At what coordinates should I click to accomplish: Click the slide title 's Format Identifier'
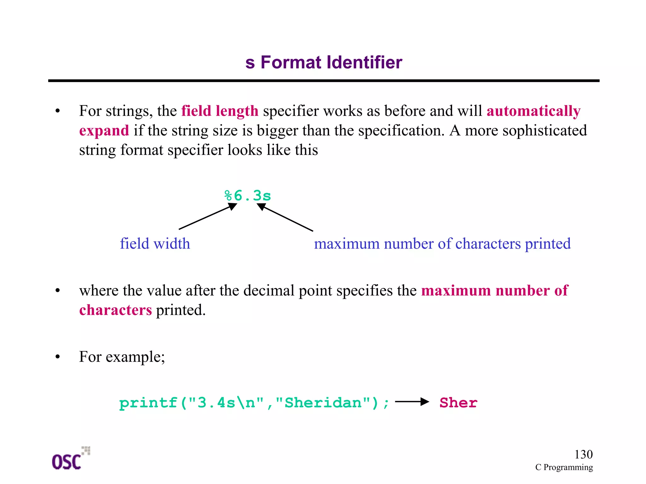point(324,62)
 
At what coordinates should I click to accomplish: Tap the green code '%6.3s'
point(248,196)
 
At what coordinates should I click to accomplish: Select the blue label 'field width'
point(155,244)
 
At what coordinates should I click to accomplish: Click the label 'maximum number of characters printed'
point(442,244)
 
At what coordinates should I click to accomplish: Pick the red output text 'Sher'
point(458,403)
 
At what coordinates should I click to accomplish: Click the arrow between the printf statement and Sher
point(412,402)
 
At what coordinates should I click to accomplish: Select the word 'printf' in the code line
point(148,403)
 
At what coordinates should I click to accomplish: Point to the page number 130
point(583,454)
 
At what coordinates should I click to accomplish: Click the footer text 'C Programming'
point(564,467)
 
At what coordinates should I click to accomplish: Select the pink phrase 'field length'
point(220,111)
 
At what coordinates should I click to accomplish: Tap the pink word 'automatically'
point(533,111)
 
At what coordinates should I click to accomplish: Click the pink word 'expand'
point(104,131)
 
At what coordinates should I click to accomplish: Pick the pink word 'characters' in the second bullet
point(115,310)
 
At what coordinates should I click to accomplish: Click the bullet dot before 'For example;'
point(57,357)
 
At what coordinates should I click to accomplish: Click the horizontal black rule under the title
point(324,81)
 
